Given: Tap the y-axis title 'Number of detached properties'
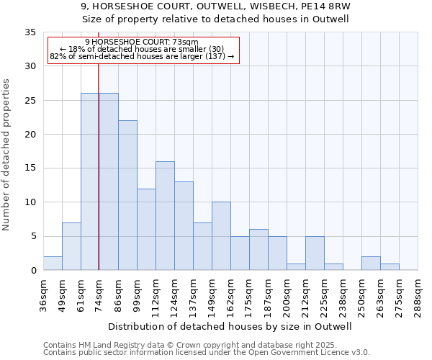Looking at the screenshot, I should (x=7, y=155).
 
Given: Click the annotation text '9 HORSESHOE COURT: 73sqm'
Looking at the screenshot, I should (x=141, y=42).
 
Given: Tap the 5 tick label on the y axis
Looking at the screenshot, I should (x=33, y=236).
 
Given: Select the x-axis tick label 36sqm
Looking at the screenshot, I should (x=43, y=294).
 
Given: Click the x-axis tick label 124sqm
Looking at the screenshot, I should (x=174, y=294).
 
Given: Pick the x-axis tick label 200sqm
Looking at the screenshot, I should (x=287, y=294).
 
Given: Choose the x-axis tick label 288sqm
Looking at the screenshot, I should (x=418, y=294).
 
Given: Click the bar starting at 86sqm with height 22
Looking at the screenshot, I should (x=127, y=195).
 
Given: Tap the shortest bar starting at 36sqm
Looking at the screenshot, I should (x=53, y=264).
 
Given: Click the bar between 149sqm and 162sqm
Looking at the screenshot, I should (x=221, y=236).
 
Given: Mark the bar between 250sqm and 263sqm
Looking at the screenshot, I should (x=371, y=264).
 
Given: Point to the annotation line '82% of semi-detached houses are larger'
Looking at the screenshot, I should (x=141, y=56).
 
